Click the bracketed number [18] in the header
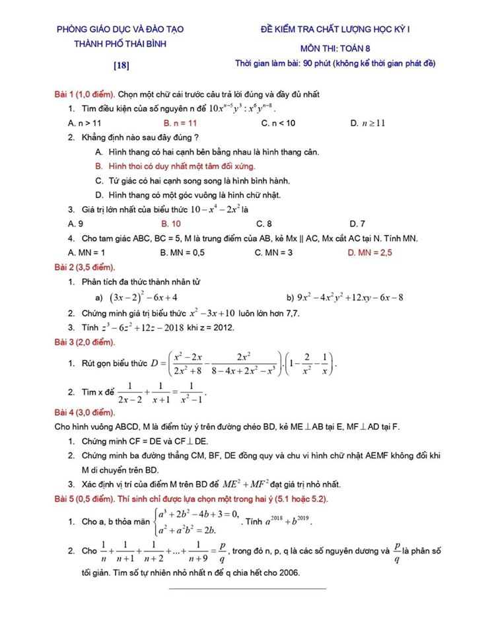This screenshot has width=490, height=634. click(121, 65)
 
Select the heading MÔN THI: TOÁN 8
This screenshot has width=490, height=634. click(345, 48)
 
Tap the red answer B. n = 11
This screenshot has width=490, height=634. click(180, 123)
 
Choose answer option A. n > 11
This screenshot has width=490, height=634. click(85, 123)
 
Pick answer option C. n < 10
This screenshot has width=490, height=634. click(279, 123)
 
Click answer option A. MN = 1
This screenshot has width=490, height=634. click(87, 252)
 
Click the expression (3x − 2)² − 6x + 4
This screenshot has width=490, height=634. click(143, 297)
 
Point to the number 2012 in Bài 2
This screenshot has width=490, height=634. click(222, 328)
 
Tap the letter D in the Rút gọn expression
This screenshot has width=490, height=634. click(154, 363)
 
